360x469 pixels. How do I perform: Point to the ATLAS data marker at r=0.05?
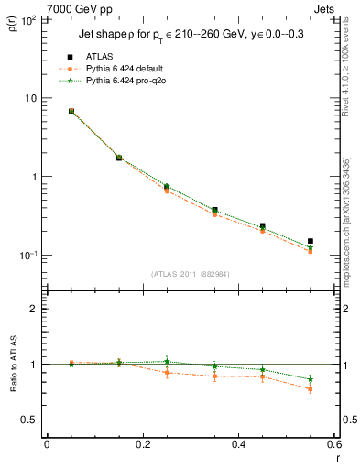71,111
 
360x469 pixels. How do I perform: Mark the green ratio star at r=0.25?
167,362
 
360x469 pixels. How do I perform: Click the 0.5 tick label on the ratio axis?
35,420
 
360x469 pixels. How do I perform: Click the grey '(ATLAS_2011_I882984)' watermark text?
190,274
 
